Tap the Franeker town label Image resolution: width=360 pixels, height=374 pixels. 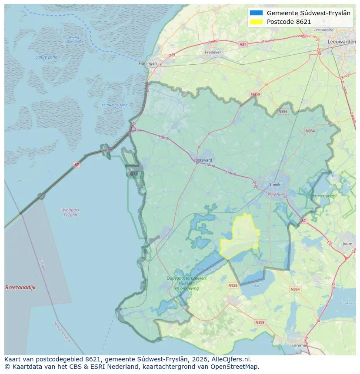(213, 52)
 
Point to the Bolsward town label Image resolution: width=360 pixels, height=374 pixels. (203, 160)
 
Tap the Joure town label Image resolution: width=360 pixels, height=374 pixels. (347, 244)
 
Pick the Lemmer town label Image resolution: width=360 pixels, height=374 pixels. (300, 345)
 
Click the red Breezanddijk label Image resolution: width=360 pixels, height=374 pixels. (20, 288)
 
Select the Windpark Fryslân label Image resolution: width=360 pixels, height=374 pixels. (70, 212)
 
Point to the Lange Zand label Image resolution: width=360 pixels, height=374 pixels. (47, 57)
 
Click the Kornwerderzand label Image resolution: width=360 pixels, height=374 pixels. (114, 105)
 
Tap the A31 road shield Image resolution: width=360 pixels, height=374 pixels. (243, 44)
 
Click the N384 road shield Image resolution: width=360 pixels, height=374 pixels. (283, 112)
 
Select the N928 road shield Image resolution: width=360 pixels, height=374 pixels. (233, 285)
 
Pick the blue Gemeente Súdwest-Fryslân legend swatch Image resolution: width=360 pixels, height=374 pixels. (257, 13)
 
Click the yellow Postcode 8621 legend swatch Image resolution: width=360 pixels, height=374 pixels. (257, 22)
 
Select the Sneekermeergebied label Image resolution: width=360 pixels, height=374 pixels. (321, 196)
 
